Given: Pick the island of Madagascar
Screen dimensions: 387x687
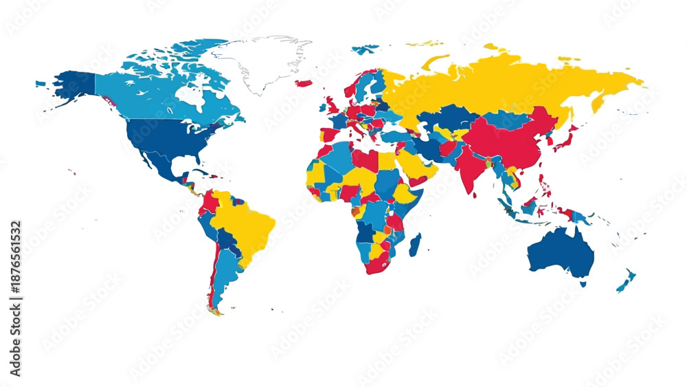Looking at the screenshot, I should [415, 244].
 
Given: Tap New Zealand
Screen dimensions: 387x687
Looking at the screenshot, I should [626, 280].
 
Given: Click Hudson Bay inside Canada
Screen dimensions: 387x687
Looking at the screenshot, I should [193, 98].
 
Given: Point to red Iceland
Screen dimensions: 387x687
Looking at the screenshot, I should [304, 83].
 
